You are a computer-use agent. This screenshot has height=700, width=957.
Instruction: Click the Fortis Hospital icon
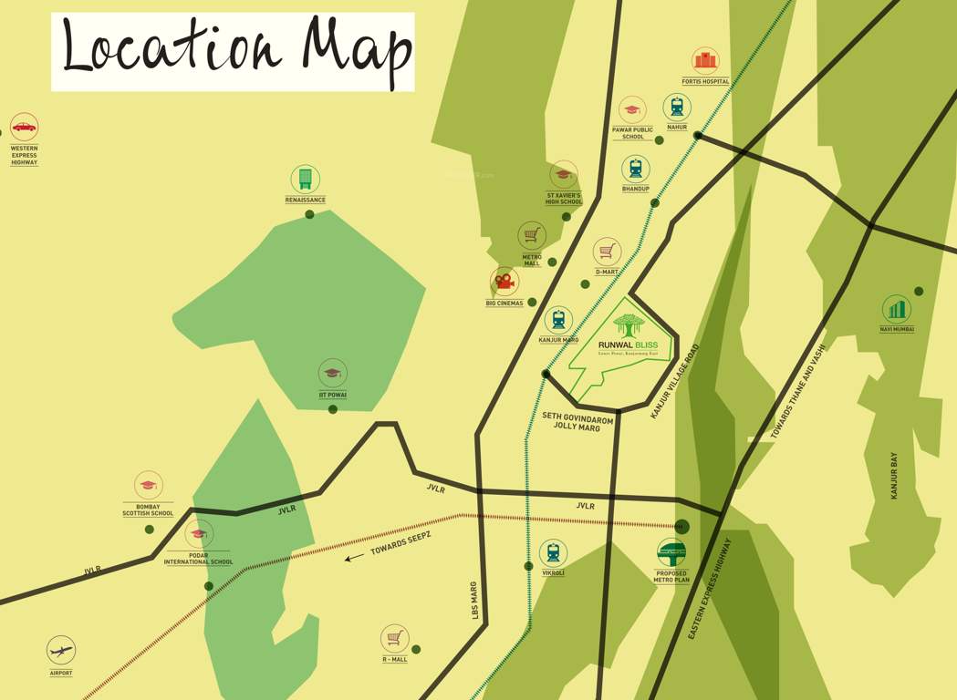click(x=705, y=61)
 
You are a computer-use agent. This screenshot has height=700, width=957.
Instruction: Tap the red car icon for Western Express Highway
click(x=24, y=126)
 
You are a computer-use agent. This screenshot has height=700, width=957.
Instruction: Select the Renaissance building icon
click(x=305, y=179)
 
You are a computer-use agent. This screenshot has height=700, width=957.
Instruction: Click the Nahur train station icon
click(x=677, y=107)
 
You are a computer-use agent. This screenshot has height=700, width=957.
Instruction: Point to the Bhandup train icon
click(x=636, y=169)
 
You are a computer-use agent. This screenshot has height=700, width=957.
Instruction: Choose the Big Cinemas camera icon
click(x=505, y=282)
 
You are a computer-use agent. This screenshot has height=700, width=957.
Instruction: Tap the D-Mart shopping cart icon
click(x=607, y=252)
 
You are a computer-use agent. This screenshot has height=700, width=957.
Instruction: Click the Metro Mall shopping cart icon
click(x=532, y=235)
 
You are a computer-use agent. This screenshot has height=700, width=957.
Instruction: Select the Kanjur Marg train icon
click(x=558, y=320)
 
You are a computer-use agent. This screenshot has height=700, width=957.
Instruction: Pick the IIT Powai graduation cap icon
click(x=332, y=373)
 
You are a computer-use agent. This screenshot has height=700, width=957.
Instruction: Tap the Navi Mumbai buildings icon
click(x=897, y=309)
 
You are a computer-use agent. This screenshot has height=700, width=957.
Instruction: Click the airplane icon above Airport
click(x=61, y=651)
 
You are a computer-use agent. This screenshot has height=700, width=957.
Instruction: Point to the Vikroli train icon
click(x=553, y=552)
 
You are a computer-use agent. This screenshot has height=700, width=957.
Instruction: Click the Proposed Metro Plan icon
click(x=671, y=553)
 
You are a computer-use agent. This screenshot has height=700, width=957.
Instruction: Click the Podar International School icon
click(x=199, y=534)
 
